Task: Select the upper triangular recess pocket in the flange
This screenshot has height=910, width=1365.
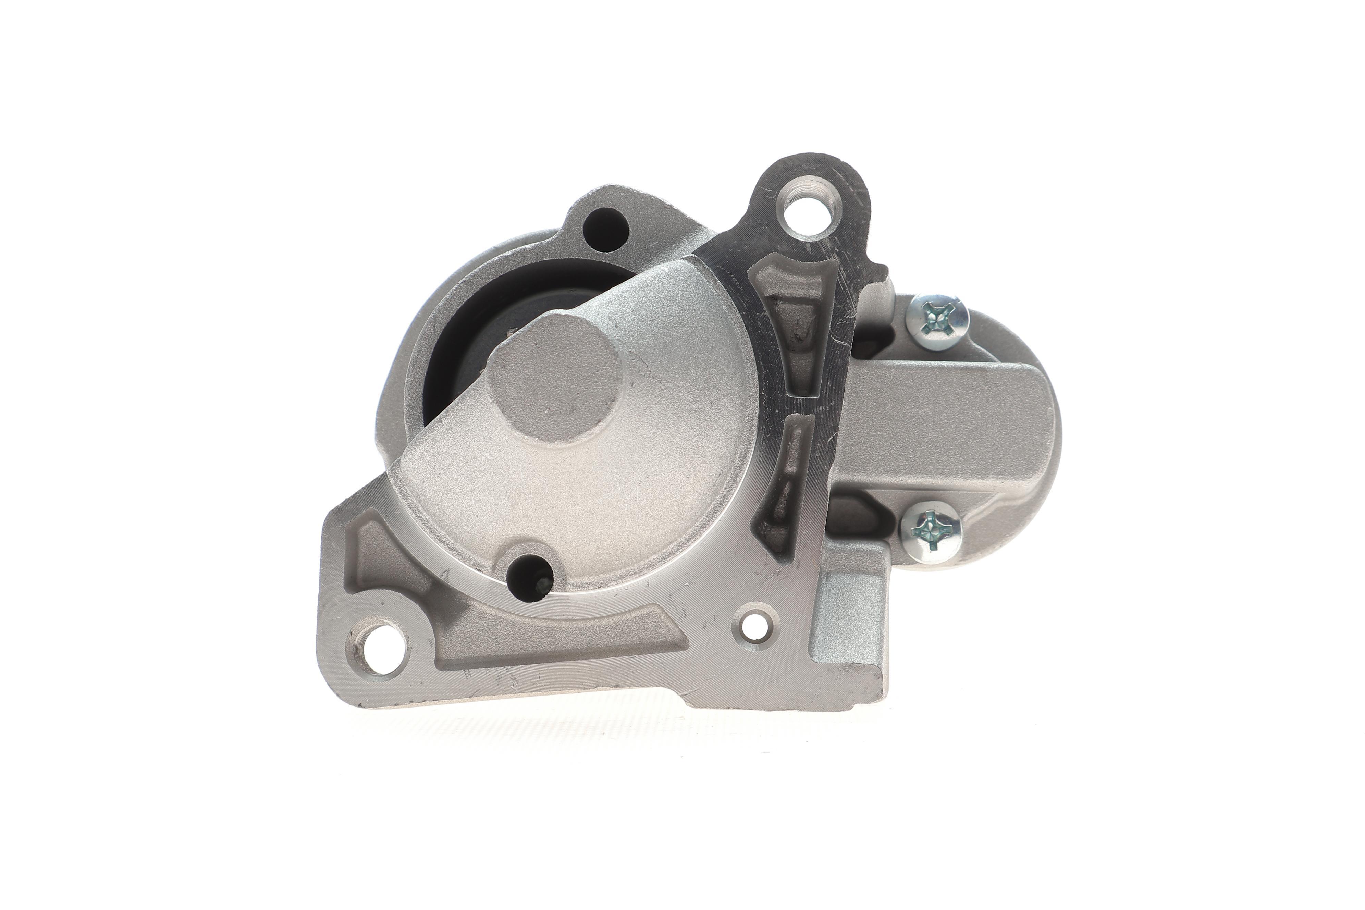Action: tap(796, 325)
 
